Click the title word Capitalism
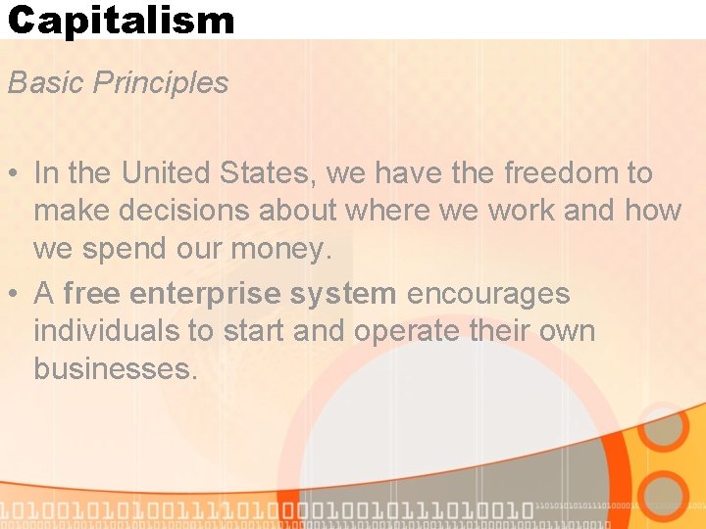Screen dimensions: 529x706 (x=121, y=20)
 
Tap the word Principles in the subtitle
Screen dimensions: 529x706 (x=161, y=83)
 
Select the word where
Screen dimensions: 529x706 (x=378, y=211)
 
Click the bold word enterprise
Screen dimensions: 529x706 (x=202, y=293)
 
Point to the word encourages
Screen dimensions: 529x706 (x=487, y=294)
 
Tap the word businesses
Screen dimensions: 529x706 (x=116, y=369)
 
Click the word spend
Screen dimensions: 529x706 (x=122, y=250)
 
